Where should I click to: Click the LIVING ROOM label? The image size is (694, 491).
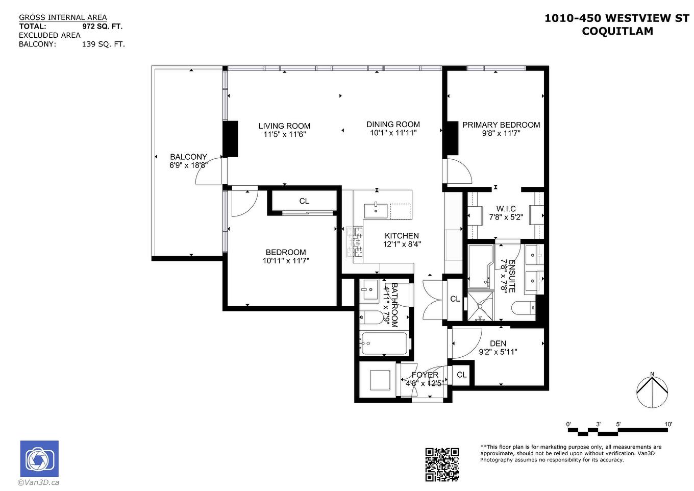click(x=284, y=126)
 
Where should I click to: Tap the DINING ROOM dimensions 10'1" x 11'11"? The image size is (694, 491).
click(x=393, y=133)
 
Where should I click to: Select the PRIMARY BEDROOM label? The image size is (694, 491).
click(x=501, y=125)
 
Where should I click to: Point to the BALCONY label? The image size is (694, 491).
click(x=188, y=157)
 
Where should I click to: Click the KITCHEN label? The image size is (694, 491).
click(x=402, y=236)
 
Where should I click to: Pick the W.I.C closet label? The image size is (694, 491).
click(x=506, y=209)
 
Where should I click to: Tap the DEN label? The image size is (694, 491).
click(x=498, y=343)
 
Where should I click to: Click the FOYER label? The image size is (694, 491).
click(x=425, y=375)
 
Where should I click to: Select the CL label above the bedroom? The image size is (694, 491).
click(x=304, y=201)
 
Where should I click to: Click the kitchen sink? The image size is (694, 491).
click(x=376, y=210)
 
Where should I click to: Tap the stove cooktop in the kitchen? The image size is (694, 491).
click(x=354, y=241)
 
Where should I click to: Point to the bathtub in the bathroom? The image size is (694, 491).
click(x=384, y=343)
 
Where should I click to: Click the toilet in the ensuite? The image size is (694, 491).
click(x=522, y=308)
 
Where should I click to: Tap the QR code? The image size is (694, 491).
click(x=442, y=464)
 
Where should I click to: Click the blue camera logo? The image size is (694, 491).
click(x=39, y=459)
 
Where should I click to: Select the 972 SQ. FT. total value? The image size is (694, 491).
click(x=102, y=27)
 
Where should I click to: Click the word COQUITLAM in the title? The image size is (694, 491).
click(x=617, y=31)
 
